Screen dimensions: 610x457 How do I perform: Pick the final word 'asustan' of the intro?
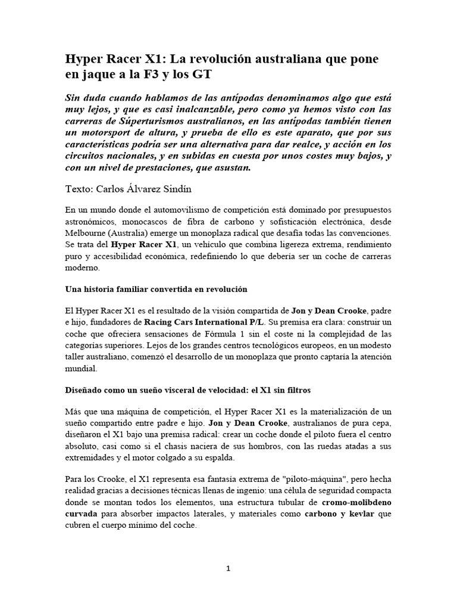coord(235,168)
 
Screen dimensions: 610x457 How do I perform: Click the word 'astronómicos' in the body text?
coord(92,222)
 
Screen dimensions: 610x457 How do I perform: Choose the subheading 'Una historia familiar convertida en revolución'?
coord(155,289)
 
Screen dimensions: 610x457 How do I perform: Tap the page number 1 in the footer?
coord(228,569)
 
